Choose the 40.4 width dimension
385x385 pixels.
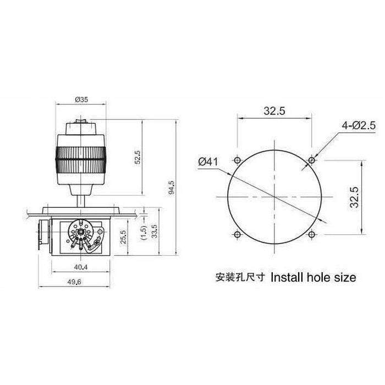click(x=80, y=267)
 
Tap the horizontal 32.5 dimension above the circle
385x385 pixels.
click(x=273, y=111)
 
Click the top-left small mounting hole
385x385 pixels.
click(x=237, y=160)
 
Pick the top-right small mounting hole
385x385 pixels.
click(x=311, y=160)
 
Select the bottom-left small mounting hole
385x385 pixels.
click(x=237, y=234)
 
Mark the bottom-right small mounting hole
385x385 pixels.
click(x=311, y=234)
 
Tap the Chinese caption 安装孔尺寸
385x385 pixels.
click(x=240, y=277)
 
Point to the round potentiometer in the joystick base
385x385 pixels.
click(x=81, y=234)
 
